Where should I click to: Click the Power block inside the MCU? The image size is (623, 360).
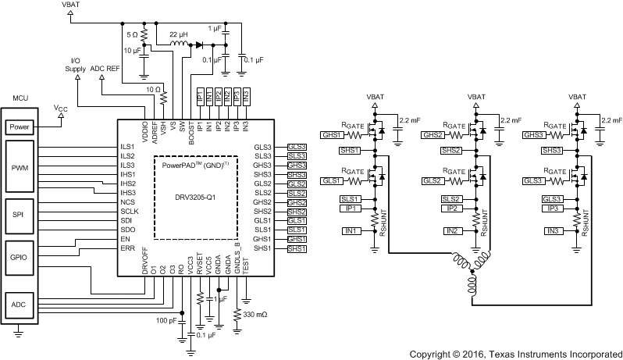pos(20,126)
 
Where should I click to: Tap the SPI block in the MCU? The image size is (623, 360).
pos(20,213)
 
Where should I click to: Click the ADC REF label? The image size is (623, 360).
pos(105,69)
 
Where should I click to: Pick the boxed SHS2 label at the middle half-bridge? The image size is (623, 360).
pos(451,150)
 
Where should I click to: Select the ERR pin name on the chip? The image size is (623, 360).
pos(127,249)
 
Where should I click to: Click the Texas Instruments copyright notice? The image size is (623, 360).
pos(515,353)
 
